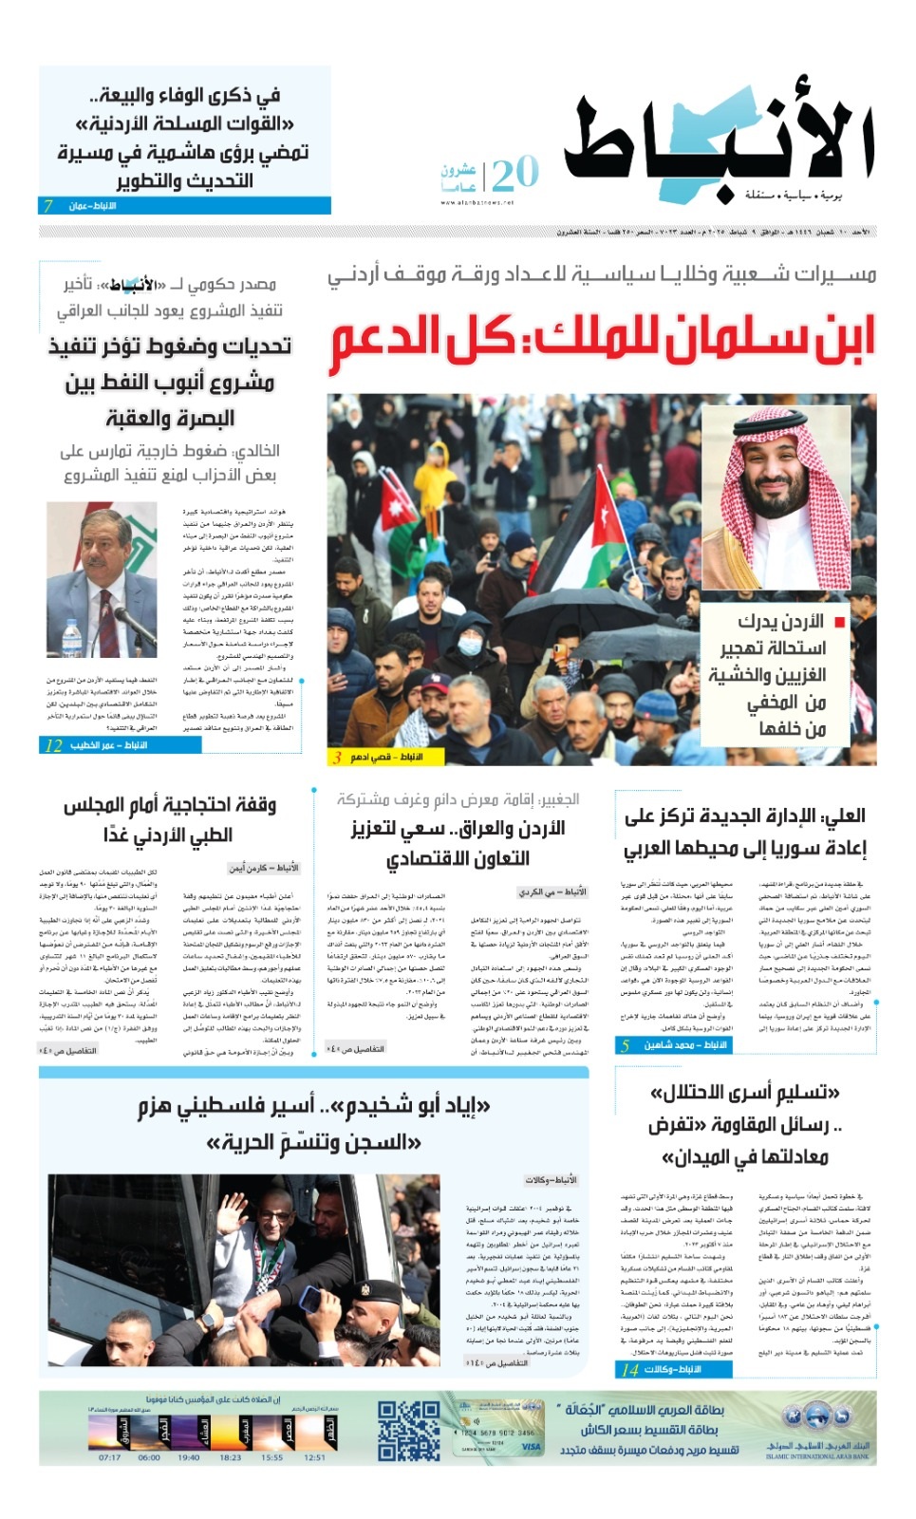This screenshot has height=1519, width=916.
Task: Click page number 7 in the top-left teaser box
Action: [48, 206]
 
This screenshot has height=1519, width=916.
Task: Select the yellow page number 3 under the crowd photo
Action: [337, 757]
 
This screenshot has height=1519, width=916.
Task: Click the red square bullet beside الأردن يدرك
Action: [840, 622]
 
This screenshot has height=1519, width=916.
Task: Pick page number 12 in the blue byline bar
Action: [54, 745]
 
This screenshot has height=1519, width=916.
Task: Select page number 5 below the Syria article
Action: [625, 1045]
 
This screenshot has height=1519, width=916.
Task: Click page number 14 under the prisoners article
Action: [629, 1369]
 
